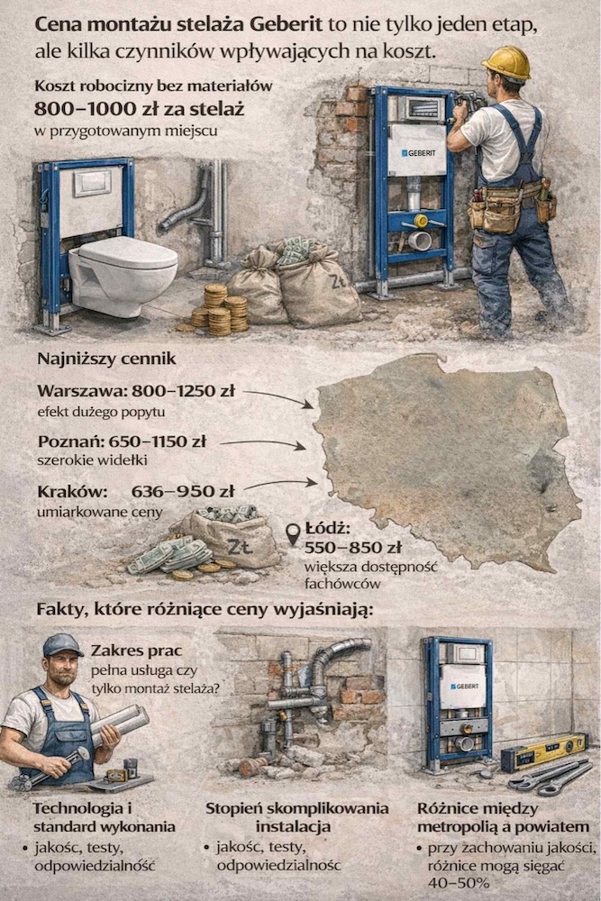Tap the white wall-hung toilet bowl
click(122, 270)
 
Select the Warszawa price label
click(136, 391)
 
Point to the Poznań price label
click(122, 441)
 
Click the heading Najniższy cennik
click(106, 359)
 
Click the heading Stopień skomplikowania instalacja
click(297, 816)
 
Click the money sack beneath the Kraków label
click(225, 541)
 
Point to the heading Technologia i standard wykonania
click(92, 816)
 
